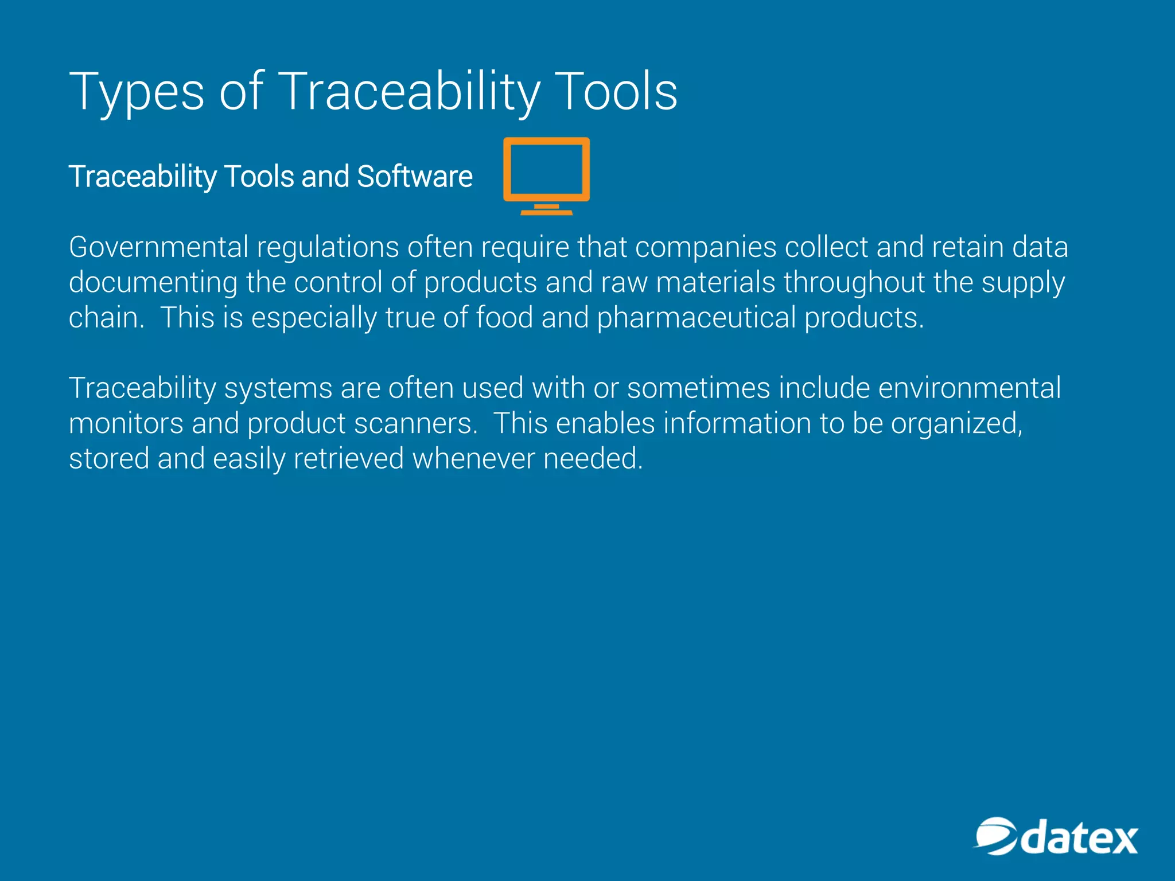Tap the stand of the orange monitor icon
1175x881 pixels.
coord(546,209)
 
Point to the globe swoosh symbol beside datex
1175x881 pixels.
coord(996,836)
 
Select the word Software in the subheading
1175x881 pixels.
coord(415,176)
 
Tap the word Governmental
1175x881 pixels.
coord(158,247)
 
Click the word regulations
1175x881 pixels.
coord(328,247)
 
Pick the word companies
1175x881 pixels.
coord(706,247)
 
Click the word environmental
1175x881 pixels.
coord(969,388)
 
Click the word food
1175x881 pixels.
coord(504,318)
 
